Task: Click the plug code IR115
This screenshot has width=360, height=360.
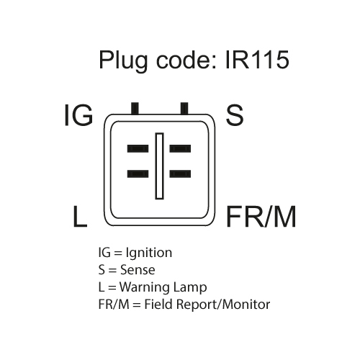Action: pos(257,59)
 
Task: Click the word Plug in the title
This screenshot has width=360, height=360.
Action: pos(123,61)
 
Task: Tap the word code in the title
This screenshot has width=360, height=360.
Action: pos(183,60)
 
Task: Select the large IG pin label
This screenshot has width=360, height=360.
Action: pos(78,115)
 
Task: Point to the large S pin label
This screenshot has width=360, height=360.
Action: pos(235,115)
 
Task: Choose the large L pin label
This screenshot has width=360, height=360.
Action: pos(80,216)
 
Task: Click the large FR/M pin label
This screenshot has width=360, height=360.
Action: pos(261,216)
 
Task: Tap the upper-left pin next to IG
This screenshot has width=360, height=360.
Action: pos(138,148)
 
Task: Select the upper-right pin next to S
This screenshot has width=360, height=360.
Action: pos(180,148)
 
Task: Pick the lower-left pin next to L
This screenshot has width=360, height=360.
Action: pos(138,174)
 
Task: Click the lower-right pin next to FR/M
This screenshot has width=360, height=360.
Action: pos(180,174)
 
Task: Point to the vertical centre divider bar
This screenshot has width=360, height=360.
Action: pos(159,166)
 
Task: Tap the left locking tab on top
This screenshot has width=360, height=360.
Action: pos(135,108)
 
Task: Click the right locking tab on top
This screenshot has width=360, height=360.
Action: pos(184,108)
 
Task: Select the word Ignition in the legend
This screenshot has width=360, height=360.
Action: pos(149,253)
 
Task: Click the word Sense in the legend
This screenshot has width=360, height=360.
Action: pos(138,270)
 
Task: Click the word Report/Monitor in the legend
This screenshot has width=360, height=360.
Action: pos(223,305)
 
